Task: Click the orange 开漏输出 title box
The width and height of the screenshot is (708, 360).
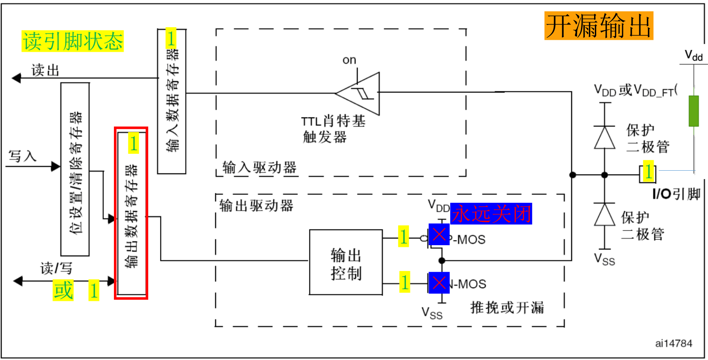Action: tap(598, 26)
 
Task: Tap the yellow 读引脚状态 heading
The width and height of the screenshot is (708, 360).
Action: tap(72, 42)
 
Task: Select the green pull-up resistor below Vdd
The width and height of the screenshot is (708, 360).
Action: tap(693, 111)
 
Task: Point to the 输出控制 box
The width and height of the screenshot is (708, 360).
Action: tap(346, 263)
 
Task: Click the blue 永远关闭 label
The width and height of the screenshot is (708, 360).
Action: tap(491, 213)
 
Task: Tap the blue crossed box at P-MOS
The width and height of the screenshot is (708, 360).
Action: tap(439, 234)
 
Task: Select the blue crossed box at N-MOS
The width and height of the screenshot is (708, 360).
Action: tap(439, 283)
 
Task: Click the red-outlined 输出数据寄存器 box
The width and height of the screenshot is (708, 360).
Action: tap(131, 213)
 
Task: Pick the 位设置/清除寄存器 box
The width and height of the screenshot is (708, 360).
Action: tap(75, 169)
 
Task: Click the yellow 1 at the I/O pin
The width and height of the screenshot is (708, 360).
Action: tap(648, 172)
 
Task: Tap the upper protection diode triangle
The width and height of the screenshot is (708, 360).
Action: tap(604, 138)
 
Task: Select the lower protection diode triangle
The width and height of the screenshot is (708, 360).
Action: tap(604, 215)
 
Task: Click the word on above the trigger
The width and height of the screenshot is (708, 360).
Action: tap(349, 60)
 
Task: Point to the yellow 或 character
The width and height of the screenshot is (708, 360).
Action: tap(63, 291)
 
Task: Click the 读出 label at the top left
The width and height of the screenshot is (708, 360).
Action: tap(45, 70)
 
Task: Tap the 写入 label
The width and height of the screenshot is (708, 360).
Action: tap(22, 156)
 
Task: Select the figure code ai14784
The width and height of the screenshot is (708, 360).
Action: tap(673, 343)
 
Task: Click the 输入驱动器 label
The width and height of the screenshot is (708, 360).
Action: tap(259, 168)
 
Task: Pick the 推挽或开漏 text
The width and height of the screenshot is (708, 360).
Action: tap(507, 307)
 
